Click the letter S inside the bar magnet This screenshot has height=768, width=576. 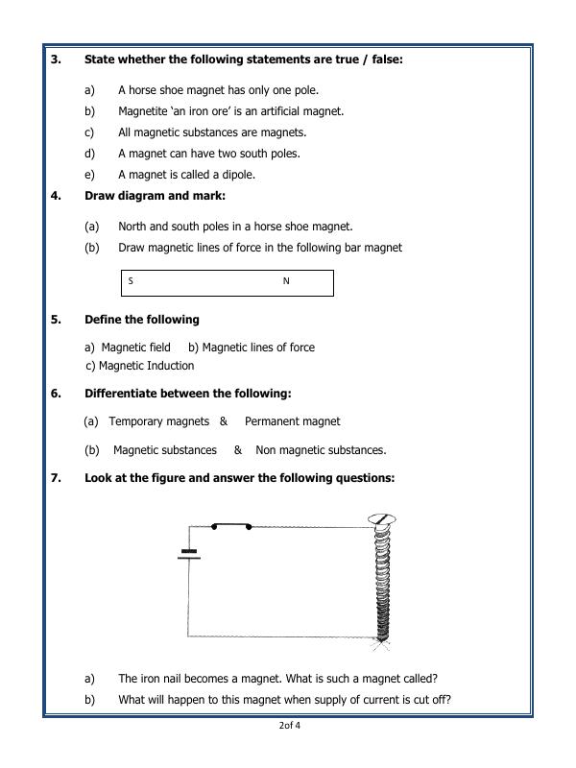pos(131,281)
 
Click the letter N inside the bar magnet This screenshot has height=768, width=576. pos(286,281)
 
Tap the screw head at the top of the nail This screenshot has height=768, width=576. pos(379,520)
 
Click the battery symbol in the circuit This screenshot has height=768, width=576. pos(188,554)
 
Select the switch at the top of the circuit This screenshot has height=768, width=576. pos(231,525)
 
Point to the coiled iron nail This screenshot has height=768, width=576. pos(381,586)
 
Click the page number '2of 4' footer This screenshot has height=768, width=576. pos(289,725)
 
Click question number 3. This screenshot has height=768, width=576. pos(56,60)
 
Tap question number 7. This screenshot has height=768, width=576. pos(56,477)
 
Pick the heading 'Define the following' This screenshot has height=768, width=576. pos(141,319)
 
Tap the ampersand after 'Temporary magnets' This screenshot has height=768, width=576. pos(223,420)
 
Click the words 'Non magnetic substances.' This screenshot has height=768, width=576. pos(321,449)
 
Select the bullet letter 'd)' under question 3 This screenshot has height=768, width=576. pos(90,154)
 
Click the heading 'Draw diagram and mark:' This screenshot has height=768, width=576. pos(155,195)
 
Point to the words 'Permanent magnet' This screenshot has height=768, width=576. pos(292,420)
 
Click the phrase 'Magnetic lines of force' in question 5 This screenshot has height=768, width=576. pos(258,348)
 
